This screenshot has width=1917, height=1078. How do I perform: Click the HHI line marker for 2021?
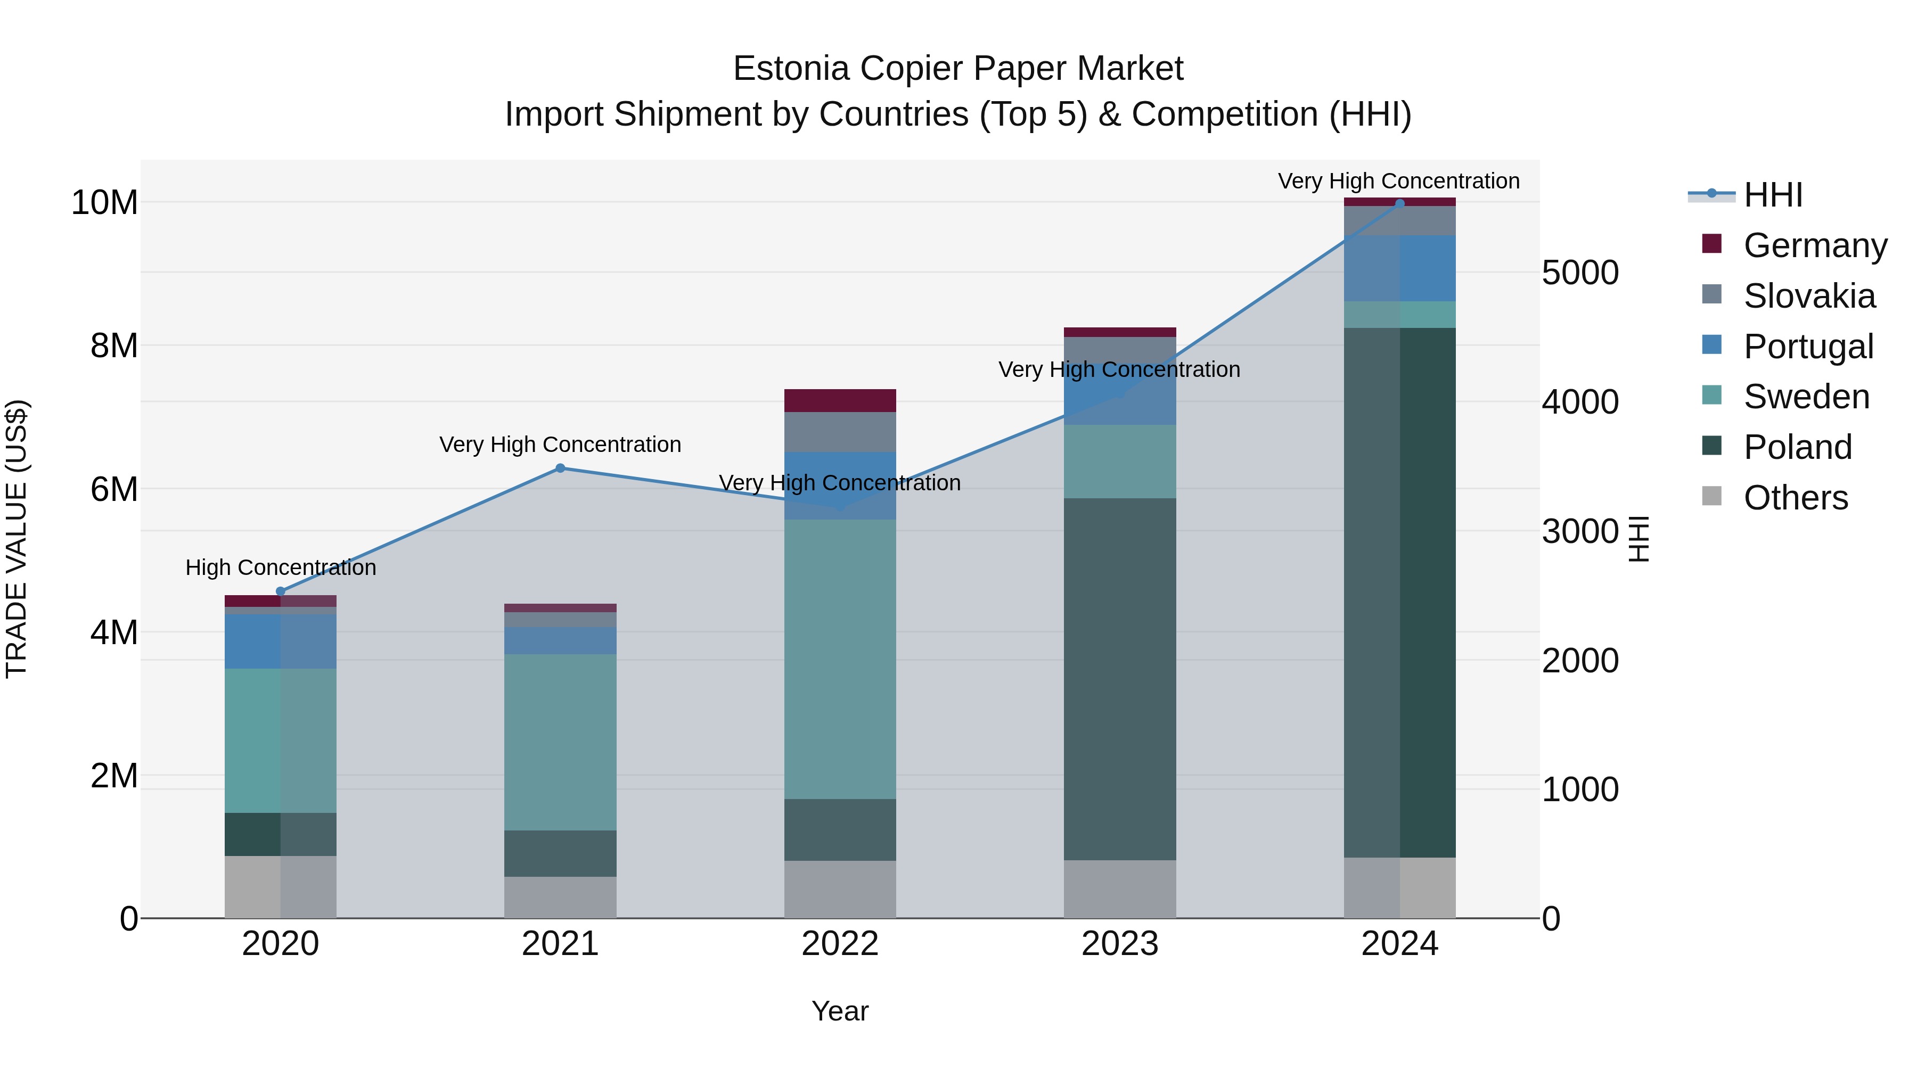[x=560, y=468]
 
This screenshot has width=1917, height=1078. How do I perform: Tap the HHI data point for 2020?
[x=281, y=591]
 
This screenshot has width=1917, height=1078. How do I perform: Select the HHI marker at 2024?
[x=1400, y=203]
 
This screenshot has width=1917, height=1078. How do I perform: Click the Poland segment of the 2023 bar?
[x=1120, y=679]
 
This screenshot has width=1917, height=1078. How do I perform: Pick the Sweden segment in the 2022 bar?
[x=840, y=659]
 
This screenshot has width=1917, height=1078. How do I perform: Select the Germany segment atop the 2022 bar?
[x=840, y=400]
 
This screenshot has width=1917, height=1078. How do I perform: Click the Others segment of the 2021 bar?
[x=560, y=896]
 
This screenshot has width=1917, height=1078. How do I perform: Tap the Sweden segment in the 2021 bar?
[x=560, y=742]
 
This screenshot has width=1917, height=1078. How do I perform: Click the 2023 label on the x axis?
[x=1120, y=944]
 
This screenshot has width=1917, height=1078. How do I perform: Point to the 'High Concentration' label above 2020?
[x=281, y=567]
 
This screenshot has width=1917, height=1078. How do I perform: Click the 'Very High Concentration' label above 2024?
[x=1398, y=181]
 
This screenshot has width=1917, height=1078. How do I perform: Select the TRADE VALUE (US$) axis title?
[x=17, y=539]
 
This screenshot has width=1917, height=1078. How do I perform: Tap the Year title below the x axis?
[x=840, y=1011]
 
